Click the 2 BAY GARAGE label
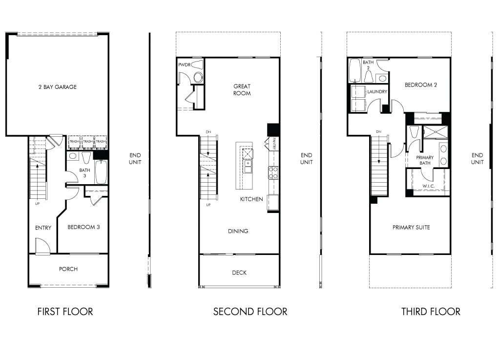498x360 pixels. pos(58,87)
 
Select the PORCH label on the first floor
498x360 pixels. pos(68,269)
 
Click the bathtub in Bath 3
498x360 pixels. pos(101,172)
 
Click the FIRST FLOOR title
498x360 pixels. pos(65,311)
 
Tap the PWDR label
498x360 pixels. pos(184,64)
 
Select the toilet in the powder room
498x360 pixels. pos(198,77)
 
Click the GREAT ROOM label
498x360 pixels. pos(242,90)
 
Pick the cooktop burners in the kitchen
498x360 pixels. pos(273,172)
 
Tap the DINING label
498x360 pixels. pos(238,231)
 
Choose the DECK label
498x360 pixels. pos(239,273)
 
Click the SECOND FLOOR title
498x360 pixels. pos(250,311)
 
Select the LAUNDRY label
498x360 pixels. pos(377,91)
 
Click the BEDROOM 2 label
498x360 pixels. pos(420,85)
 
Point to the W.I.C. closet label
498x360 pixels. pos(428,186)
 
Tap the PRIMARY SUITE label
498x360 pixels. pos(411,227)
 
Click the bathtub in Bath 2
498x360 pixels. pos(354,71)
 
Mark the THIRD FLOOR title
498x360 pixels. pos(431,311)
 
